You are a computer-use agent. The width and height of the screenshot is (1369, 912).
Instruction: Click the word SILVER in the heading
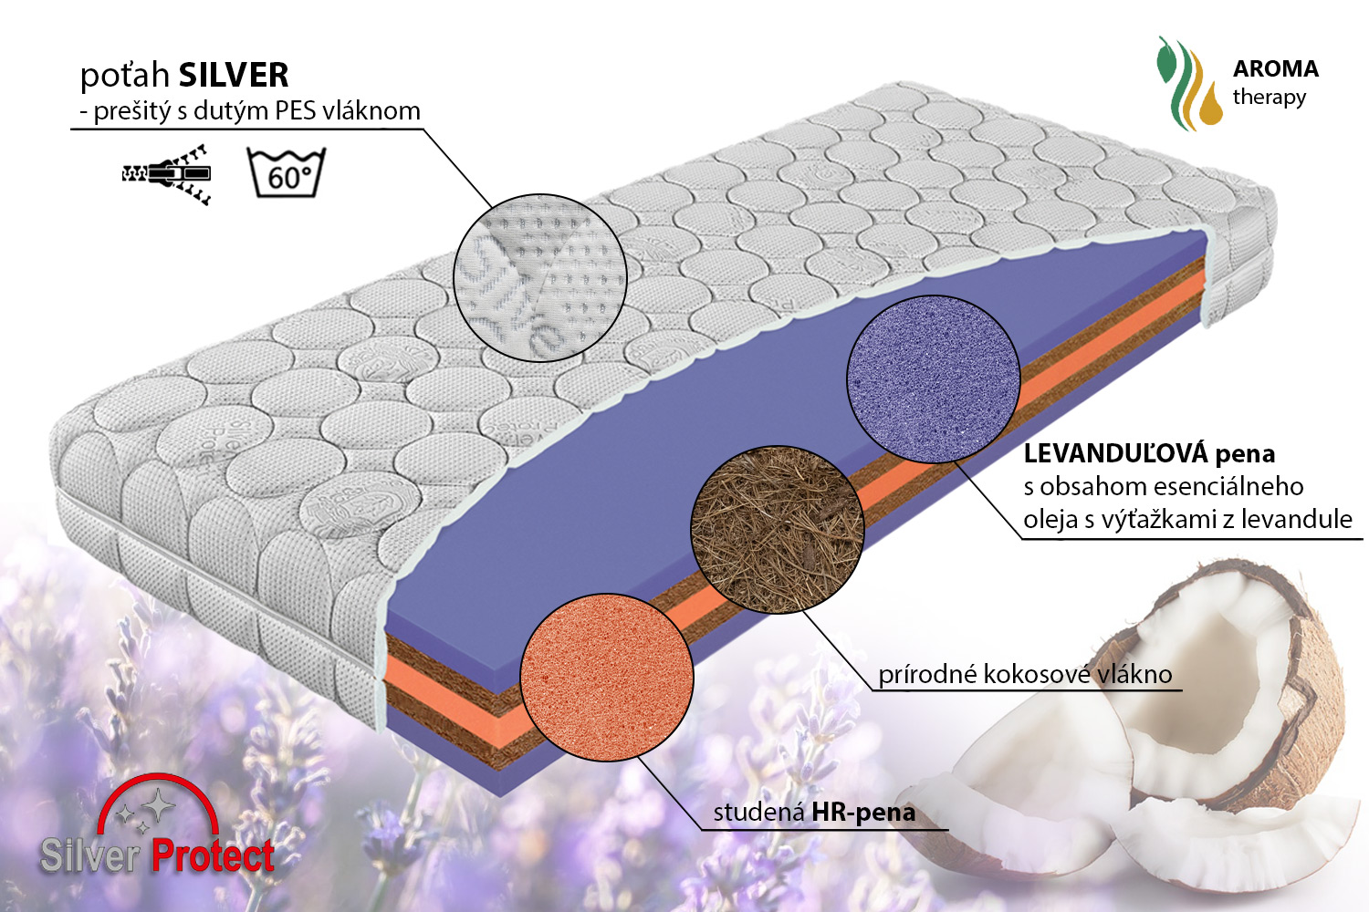(x=234, y=75)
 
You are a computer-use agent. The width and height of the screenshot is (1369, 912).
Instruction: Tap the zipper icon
(x=166, y=175)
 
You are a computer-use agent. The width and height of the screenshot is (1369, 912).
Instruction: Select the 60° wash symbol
(x=286, y=172)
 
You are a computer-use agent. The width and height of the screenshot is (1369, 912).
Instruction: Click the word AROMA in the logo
(x=1276, y=69)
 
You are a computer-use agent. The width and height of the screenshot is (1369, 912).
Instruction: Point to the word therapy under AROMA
(x=1270, y=98)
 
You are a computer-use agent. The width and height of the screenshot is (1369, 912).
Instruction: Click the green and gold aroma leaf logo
(x=1188, y=84)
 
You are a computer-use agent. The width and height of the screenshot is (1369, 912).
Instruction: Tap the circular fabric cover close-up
(x=540, y=278)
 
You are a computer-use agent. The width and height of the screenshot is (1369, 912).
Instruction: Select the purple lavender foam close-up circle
(x=934, y=379)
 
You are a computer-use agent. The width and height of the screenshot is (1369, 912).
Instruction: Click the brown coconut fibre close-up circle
(x=778, y=529)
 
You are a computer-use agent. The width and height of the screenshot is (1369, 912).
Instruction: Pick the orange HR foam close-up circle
(x=607, y=677)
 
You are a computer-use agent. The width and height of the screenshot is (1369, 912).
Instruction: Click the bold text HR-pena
(x=863, y=813)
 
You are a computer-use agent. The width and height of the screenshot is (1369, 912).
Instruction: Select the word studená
(x=758, y=813)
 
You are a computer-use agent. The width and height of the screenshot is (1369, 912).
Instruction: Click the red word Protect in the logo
(x=213, y=855)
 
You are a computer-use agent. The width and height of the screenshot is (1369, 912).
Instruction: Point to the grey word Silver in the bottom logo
(x=90, y=855)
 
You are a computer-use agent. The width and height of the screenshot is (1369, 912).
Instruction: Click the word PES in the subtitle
(x=296, y=111)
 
